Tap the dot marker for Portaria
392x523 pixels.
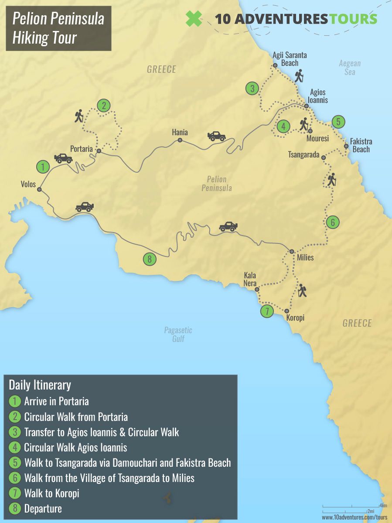[x=99, y=151]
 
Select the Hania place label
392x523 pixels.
[x=180, y=132]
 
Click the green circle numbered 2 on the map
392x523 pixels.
[x=103, y=106]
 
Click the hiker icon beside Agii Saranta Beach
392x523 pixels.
[x=299, y=76]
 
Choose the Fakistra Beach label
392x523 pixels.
[x=361, y=146]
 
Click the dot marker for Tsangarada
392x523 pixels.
[x=324, y=157]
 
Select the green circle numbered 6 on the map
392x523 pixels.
[x=332, y=222]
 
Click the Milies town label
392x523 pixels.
[x=305, y=258]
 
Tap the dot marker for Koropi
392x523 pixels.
[x=286, y=311]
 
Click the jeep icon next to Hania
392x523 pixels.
[x=217, y=136]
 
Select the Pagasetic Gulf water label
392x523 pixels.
[x=178, y=334]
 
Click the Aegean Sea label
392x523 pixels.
[x=350, y=68]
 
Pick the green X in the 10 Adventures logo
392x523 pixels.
[x=194, y=19]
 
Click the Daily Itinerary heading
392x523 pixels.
[x=40, y=385]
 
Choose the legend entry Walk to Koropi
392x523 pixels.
[x=51, y=493]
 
